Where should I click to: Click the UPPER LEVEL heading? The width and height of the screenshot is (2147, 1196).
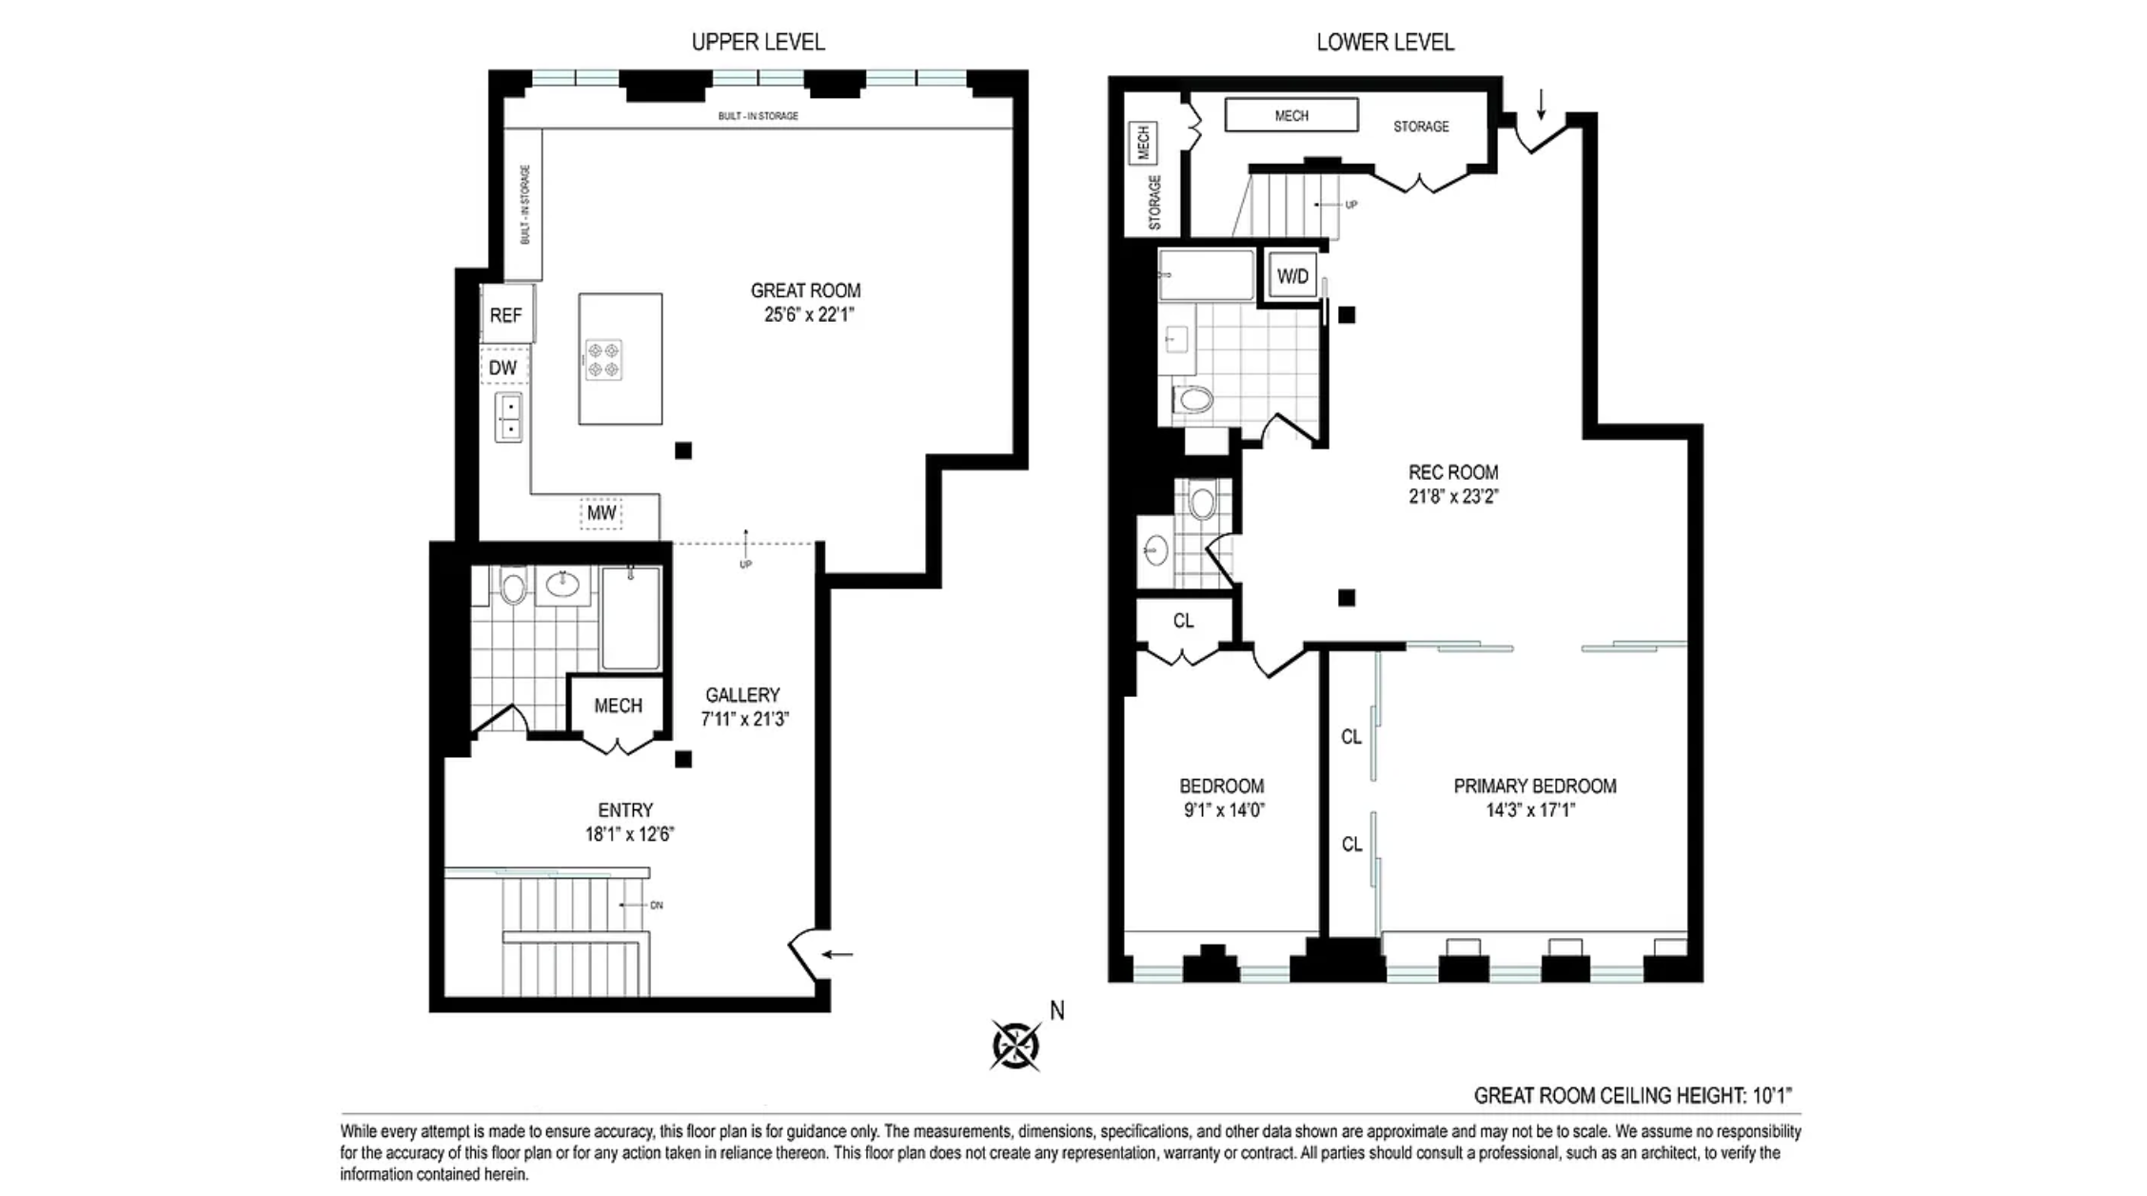click(x=758, y=42)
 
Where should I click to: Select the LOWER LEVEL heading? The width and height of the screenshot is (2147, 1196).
click(x=1385, y=42)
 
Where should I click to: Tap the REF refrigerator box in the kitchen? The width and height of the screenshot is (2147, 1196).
click(x=506, y=315)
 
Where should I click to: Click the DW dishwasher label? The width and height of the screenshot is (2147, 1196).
click(x=503, y=368)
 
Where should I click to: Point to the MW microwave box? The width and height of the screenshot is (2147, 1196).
click(x=601, y=513)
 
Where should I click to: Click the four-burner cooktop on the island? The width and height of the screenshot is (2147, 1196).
click(x=603, y=360)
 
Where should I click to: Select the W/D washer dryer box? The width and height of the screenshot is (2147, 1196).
click(x=1292, y=277)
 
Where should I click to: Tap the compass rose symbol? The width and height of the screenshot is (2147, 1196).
click(x=1015, y=1045)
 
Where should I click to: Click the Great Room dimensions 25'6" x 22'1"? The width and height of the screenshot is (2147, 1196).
click(x=805, y=315)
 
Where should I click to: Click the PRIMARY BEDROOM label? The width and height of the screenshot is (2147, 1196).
click(x=1534, y=786)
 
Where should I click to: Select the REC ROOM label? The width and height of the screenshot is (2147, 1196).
click(x=1453, y=472)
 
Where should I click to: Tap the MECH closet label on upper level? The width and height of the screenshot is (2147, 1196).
click(x=618, y=706)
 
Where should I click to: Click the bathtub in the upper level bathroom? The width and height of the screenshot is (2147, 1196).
click(x=630, y=619)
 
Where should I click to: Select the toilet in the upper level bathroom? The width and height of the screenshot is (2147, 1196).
click(x=513, y=588)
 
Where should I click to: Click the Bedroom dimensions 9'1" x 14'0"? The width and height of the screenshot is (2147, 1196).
click(x=1224, y=810)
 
